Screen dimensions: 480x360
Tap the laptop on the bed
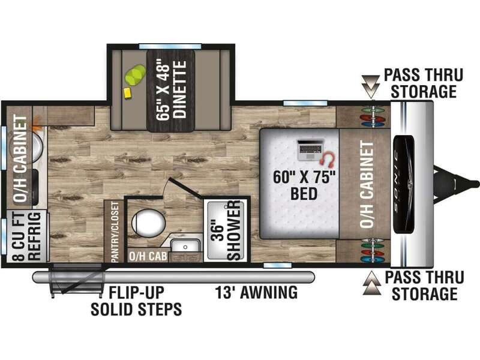click(x=310, y=149)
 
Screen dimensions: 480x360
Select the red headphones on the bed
click(x=328, y=158)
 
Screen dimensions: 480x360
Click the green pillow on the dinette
click(x=134, y=74)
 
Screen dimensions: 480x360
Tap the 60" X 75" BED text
click(x=304, y=185)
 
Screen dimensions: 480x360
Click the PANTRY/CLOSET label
click(x=115, y=232)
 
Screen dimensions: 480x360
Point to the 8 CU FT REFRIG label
click(x=27, y=236)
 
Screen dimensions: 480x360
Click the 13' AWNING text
click(x=257, y=292)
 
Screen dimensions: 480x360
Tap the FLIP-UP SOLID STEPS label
click(x=136, y=301)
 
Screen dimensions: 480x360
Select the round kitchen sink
click(x=29, y=145)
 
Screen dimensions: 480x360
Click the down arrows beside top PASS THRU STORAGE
click(x=371, y=83)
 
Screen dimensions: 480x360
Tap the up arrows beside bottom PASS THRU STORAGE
click(x=372, y=283)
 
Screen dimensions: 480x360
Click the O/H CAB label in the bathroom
click(x=148, y=257)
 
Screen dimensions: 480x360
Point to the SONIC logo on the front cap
click(x=404, y=184)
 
